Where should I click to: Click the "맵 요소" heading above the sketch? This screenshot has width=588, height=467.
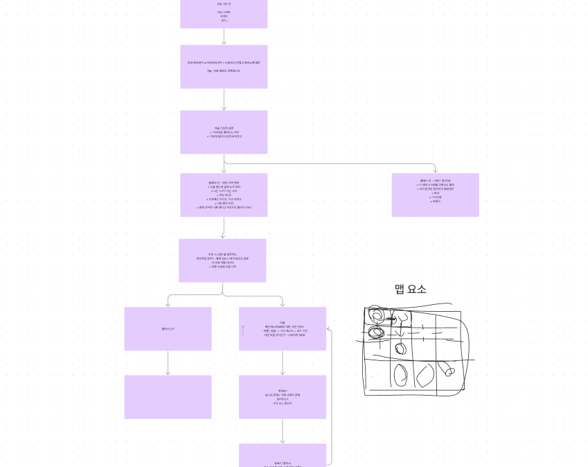tap(410, 289)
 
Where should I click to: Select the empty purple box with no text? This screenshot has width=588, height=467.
tap(168, 397)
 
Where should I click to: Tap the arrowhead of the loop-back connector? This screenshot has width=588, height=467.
tap(329, 329)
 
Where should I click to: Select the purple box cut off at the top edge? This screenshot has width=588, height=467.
tap(224, 14)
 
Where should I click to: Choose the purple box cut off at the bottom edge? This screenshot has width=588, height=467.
tap(283, 455)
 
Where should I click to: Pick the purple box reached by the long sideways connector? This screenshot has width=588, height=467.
tap(435, 195)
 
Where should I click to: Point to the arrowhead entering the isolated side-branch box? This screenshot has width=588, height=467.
tap(435, 170)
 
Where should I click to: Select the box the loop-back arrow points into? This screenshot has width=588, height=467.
tap(283, 328)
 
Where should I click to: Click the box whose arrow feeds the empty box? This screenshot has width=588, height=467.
tap(168, 328)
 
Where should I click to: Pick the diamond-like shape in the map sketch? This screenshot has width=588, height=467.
tap(425, 375)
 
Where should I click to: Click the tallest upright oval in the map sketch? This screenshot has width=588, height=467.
tap(401, 376)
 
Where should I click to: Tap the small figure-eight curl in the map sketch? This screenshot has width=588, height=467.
tap(449, 370)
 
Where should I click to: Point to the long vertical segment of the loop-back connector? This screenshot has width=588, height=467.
tap(332, 395)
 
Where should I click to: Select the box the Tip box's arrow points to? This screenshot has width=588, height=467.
tap(224, 132)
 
